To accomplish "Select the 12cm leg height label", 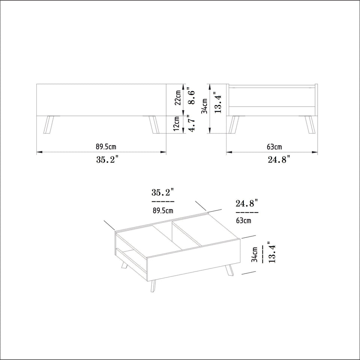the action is click(176, 123).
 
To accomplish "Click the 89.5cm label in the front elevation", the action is click(106, 147).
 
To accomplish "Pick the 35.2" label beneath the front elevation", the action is click(107, 159).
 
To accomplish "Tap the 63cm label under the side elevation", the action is click(274, 147).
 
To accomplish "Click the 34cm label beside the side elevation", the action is click(205, 106).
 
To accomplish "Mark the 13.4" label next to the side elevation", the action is click(217, 102).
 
